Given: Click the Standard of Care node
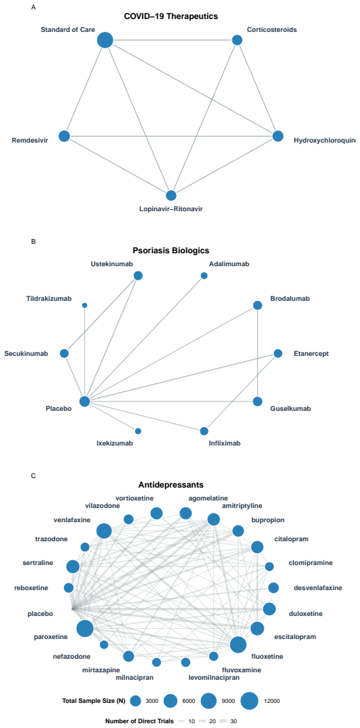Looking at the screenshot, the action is (105, 40).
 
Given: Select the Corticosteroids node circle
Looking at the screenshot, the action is (237, 40).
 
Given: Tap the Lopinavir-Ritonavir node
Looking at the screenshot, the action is (171, 196).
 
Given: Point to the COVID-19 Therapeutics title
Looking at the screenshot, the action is (171, 17).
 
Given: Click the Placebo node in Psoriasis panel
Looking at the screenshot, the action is (84, 401).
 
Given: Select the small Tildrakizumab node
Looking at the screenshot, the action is (84, 305).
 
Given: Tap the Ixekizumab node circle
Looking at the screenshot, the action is (138, 431).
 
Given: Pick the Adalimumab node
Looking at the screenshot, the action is (204, 276).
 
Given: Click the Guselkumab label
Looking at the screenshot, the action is (290, 409).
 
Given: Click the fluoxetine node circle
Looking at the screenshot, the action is (238, 644).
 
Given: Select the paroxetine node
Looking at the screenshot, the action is (85, 629).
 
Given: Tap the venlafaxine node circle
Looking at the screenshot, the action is (104, 530).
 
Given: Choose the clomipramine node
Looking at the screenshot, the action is (270, 566).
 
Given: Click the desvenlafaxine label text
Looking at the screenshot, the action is (318, 588).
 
